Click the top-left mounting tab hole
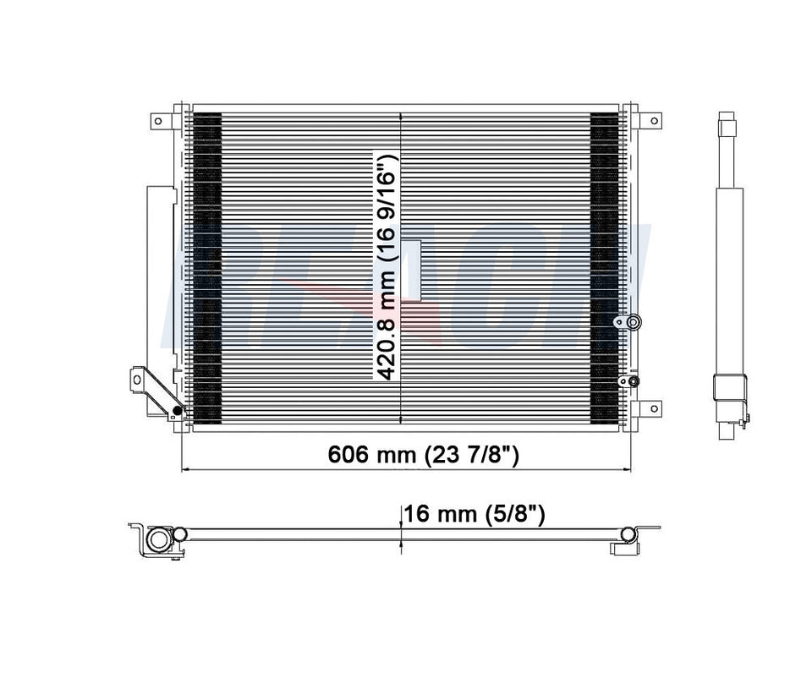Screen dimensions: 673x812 pyautogui.click(x=157, y=121)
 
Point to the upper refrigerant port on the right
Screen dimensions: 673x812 pyautogui.click(x=633, y=322)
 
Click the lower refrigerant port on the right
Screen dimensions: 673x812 pyautogui.click(x=633, y=381)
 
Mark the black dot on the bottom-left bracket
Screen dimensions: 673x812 pyautogui.click(x=177, y=412)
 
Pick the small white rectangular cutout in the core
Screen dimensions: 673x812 pyautogui.click(x=412, y=270)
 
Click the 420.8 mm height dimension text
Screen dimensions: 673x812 pyautogui.click(x=387, y=267)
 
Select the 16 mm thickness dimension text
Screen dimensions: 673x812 pyautogui.click(x=474, y=513)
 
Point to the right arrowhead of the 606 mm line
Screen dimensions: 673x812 pyautogui.click(x=626, y=468)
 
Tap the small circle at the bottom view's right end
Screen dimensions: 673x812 pyautogui.click(x=627, y=533)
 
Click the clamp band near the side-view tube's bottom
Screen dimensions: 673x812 pyautogui.click(x=727, y=389)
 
